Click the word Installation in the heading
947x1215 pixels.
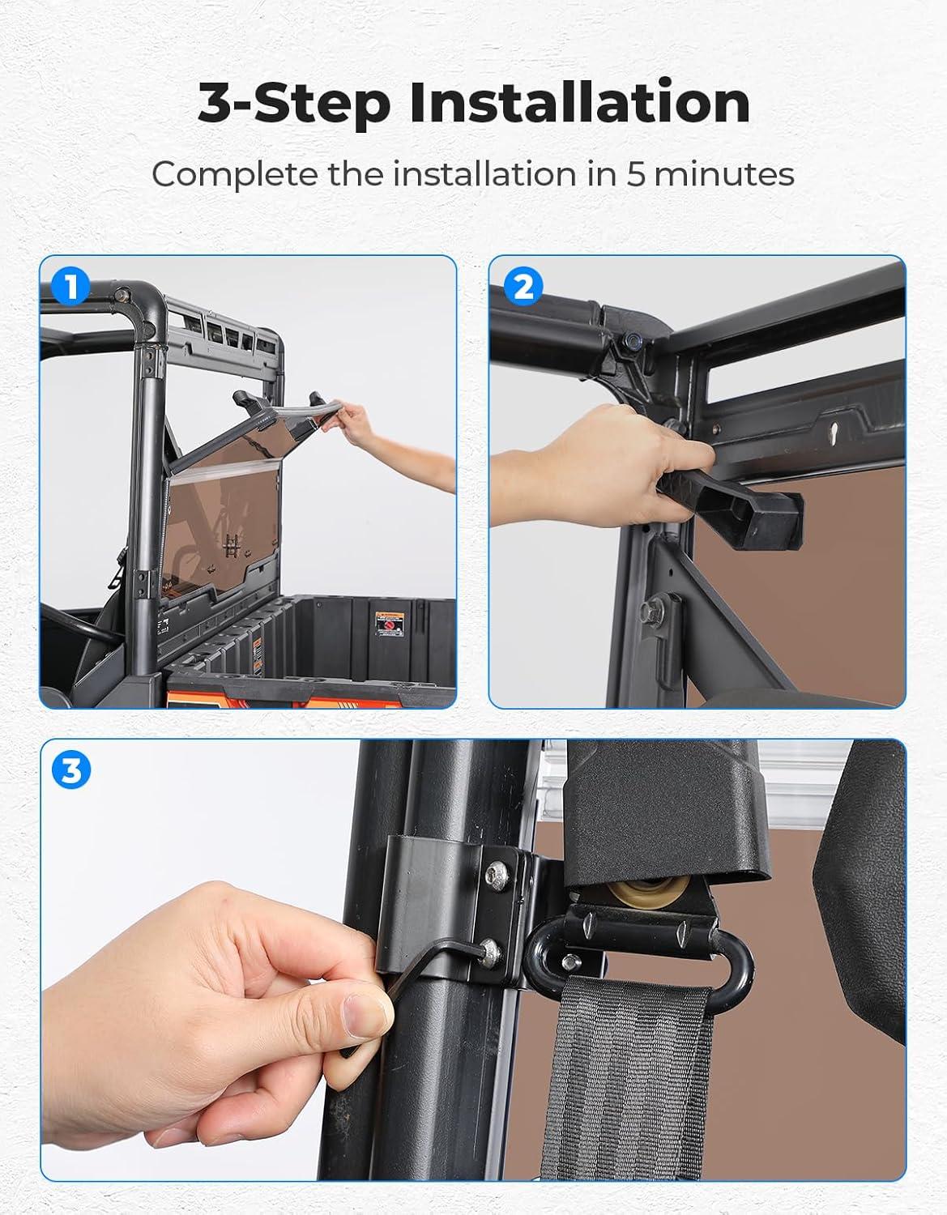pos(580,103)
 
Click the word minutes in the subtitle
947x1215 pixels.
pos(724,174)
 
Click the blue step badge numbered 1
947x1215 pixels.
pos(70,286)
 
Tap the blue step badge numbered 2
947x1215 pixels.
pos(523,286)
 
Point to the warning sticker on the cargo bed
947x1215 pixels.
pos(390,624)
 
